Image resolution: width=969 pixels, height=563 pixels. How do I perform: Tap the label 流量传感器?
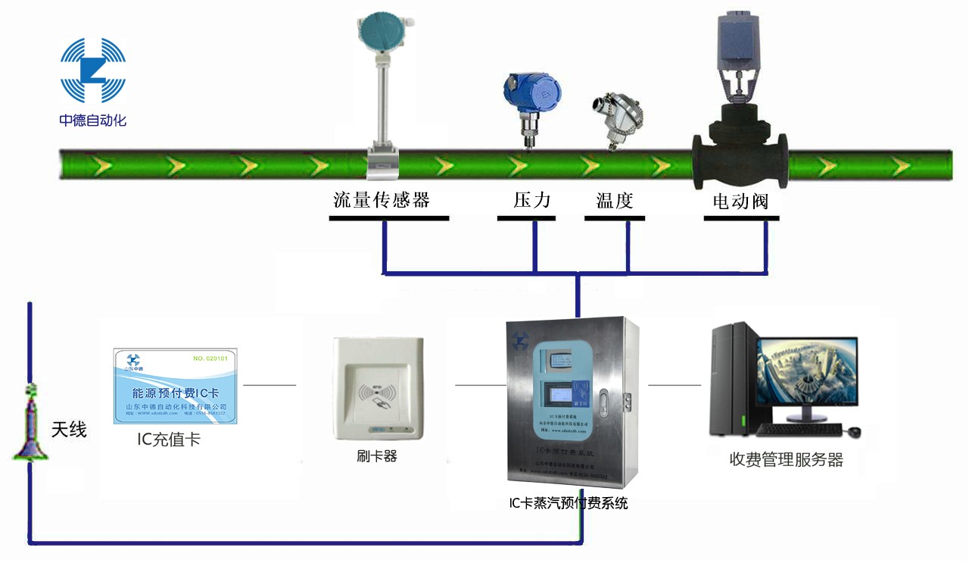[x=382, y=200]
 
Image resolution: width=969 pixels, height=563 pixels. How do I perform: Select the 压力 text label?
[x=531, y=200]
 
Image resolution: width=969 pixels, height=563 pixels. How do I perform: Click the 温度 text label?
[x=614, y=201]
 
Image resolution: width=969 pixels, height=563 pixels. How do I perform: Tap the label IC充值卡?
[x=169, y=439]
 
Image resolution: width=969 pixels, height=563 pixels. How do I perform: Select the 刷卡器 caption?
[x=376, y=456]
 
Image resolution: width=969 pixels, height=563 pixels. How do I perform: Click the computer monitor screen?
[x=807, y=371]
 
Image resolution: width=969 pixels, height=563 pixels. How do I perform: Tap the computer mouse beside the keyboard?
[x=854, y=431]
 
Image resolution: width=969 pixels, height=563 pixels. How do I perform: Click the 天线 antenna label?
[x=69, y=430]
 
